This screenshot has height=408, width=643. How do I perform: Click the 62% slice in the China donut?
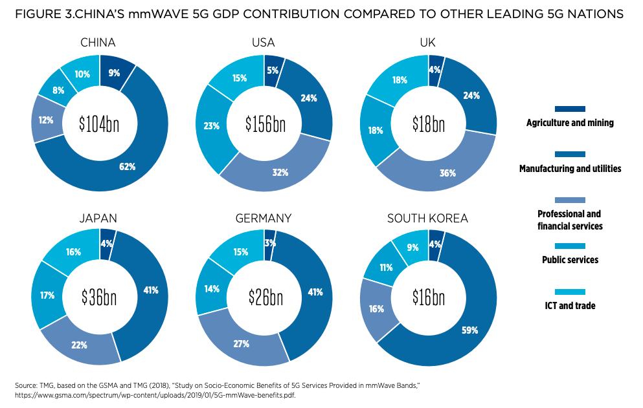[127, 167]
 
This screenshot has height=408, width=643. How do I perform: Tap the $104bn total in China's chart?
[99, 124]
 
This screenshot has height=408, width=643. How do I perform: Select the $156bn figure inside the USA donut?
[265, 124]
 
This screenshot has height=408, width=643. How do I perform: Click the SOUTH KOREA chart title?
[427, 219]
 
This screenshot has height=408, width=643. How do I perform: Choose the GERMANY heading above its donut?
[263, 219]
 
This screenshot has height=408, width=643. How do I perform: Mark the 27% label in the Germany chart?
[242, 343]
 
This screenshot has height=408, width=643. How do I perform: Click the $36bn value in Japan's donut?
[99, 297]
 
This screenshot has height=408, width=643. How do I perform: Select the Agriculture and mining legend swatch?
[570, 109]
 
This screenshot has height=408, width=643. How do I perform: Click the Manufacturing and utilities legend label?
[570, 169]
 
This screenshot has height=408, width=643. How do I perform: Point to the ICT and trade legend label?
[570, 306]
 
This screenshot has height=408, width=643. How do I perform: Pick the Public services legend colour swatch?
[570, 246]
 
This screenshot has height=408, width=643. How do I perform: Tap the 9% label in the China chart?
[114, 73]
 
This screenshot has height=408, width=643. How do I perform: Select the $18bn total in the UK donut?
[429, 124]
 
